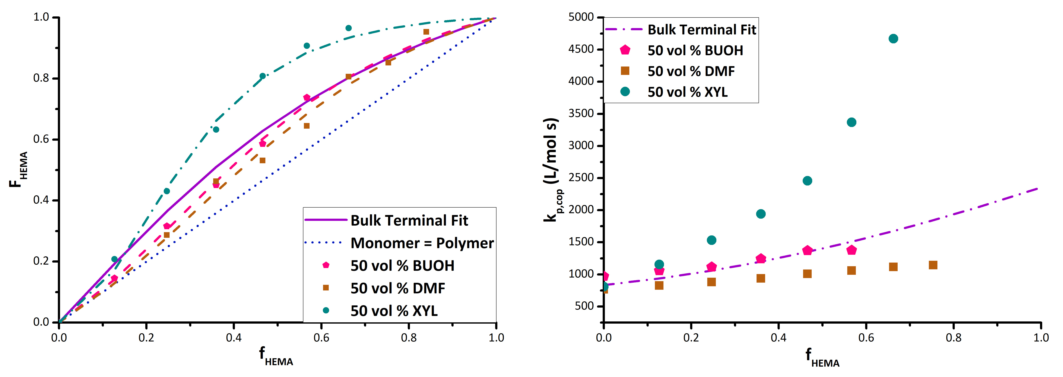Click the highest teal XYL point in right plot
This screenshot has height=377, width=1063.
[x=893, y=39]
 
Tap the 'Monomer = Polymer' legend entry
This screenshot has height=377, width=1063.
[x=422, y=243]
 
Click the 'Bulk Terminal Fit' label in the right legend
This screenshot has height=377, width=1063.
[x=701, y=30]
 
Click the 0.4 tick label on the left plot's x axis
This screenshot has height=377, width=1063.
[x=234, y=338]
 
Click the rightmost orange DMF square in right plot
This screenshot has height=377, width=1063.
[x=933, y=265]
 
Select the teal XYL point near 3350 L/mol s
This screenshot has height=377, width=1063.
[x=851, y=122]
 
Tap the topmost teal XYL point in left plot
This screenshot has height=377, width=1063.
[x=348, y=28]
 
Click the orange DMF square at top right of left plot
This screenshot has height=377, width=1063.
[x=426, y=32]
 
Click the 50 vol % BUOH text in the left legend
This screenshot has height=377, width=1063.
[x=402, y=266]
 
